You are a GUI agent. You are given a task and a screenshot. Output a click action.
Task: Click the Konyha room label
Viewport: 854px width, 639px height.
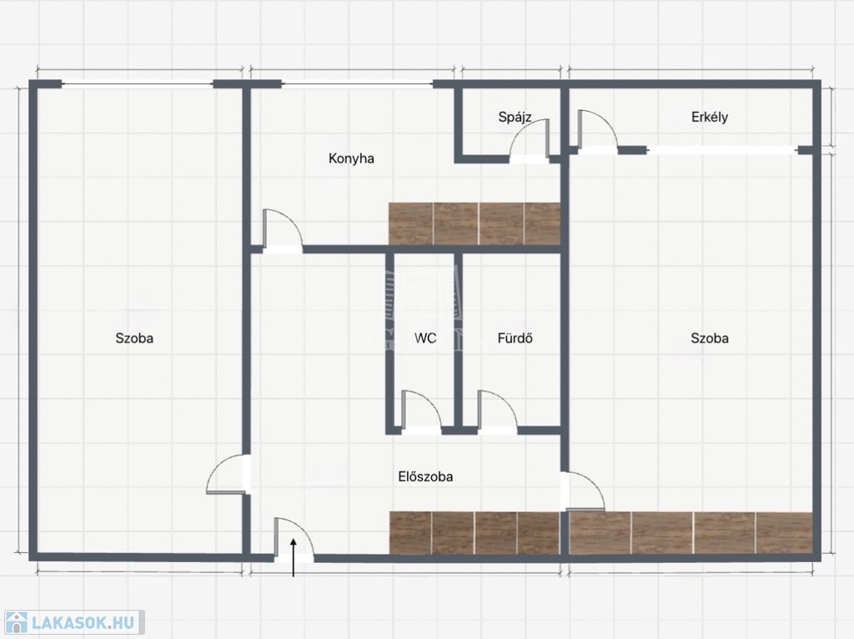pos(351,158)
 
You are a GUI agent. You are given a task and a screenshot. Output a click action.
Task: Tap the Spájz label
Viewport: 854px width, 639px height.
pos(515,117)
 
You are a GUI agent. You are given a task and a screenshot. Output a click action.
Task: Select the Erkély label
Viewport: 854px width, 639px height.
pos(710,117)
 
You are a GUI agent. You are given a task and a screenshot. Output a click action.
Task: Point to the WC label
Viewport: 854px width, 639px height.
pos(425,339)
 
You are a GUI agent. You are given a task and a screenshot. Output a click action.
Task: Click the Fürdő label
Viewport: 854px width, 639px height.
pos(515,339)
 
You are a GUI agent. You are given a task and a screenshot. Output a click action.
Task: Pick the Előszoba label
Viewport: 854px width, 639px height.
pos(425,476)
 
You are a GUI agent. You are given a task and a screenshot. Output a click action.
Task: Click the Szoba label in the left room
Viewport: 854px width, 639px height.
pos(134,339)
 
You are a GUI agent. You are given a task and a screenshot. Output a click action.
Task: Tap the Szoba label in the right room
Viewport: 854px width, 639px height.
pos(710,339)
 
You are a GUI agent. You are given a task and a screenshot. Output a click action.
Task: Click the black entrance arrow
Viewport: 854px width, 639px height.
pos(294,556)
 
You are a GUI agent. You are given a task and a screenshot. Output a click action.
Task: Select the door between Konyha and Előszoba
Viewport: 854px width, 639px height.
pos(283,231)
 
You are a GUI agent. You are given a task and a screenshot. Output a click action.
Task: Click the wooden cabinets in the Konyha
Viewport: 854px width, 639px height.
pos(475,224)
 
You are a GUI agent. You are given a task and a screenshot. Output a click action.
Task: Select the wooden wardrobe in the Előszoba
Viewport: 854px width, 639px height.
pos(475,533)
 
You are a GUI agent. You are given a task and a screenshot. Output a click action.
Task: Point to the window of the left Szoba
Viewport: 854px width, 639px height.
pos(138,84)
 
